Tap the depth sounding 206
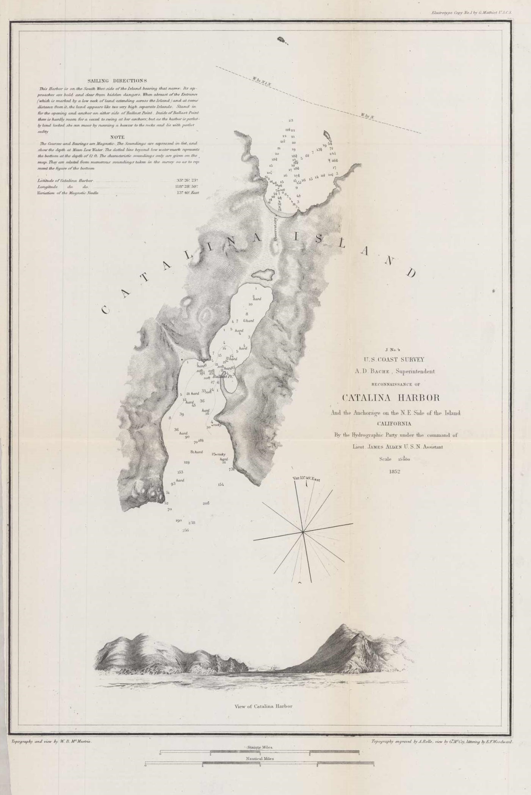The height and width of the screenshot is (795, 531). tap(206, 503)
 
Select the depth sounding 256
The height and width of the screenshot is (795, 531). tap(185, 530)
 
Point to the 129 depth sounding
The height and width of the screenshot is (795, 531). tap(186, 463)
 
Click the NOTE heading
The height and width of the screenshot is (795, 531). tap(117, 137)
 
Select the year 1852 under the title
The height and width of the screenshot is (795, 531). tap(395, 472)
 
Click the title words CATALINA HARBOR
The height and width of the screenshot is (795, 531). tap(391, 398)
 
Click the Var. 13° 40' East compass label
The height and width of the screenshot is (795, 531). tap(306, 479)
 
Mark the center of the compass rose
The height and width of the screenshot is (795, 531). tap(303, 533)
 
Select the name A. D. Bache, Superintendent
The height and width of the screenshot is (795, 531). tap(395, 371)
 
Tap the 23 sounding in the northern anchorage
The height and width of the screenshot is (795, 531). tap(291, 120)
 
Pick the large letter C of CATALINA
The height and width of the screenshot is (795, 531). tap(106, 310)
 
